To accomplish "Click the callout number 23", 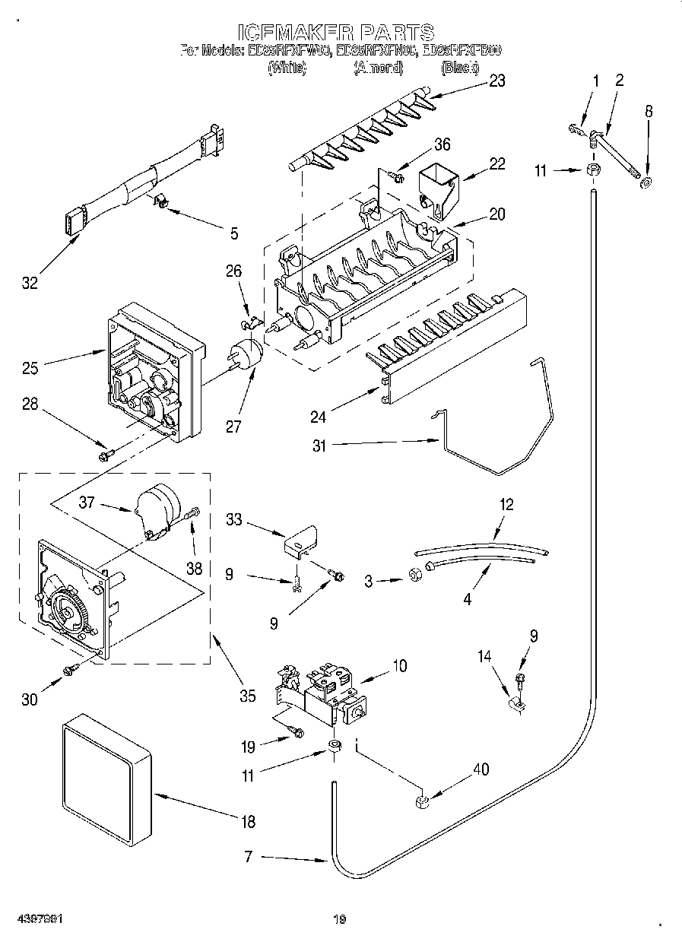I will tap(496, 81).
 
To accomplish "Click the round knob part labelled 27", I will tap(246, 354).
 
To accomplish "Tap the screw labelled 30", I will tap(71, 668).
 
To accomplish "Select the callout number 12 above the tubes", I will tap(506, 504).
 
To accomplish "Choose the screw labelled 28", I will tap(105, 455).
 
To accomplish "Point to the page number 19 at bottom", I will tap(340, 919).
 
